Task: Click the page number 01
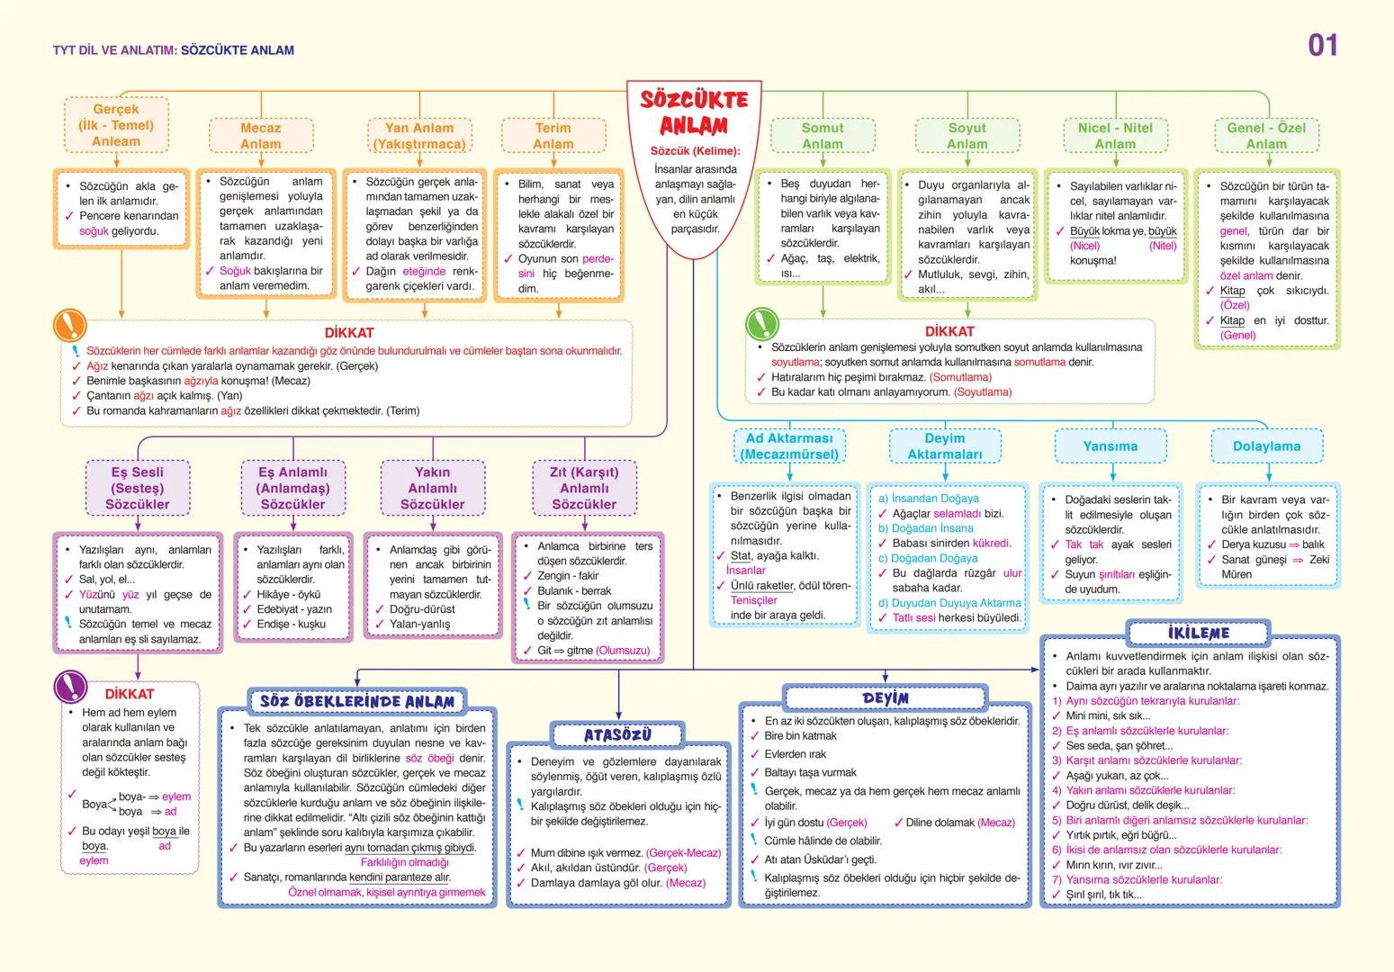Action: coord(1322,45)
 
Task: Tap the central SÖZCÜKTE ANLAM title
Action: coord(693,112)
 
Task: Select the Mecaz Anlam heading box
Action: coord(260,136)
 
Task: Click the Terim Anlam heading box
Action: coord(553,136)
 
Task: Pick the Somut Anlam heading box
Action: coord(823,136)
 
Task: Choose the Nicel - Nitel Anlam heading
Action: coord(1115,136)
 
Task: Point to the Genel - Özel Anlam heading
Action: coord(1266,136)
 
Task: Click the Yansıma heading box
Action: coord(1110,446)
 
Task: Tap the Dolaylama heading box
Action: coord(1266,446)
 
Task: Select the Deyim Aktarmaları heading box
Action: coord(945,446)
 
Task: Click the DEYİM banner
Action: coord(886,698)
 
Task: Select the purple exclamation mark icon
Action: coord(69,688)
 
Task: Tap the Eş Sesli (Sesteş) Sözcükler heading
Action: coord(138,488)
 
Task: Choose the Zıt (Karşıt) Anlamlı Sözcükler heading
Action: coord(584,488)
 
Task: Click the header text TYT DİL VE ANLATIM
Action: coord(114,50)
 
